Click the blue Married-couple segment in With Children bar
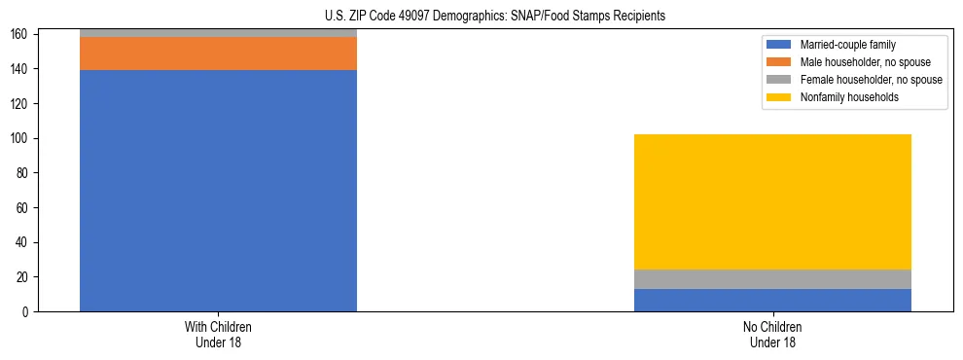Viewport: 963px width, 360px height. click(218, 191)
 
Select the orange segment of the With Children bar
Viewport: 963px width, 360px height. click(218, 54)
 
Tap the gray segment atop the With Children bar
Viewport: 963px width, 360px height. click(218, 33)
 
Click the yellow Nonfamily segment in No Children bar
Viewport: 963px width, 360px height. click(772, 201)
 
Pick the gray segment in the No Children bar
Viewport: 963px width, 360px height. click(772, 279)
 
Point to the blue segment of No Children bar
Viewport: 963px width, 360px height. click(772, 300)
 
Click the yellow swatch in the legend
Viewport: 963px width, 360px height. click(779, 97)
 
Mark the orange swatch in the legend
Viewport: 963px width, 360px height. click(779, 62)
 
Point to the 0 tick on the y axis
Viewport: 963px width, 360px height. click(27, 312)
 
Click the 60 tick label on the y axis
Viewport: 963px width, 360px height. click(24, 208)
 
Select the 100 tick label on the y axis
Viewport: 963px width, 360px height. click(21, 139)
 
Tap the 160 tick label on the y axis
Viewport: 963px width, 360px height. click(21, 35)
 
